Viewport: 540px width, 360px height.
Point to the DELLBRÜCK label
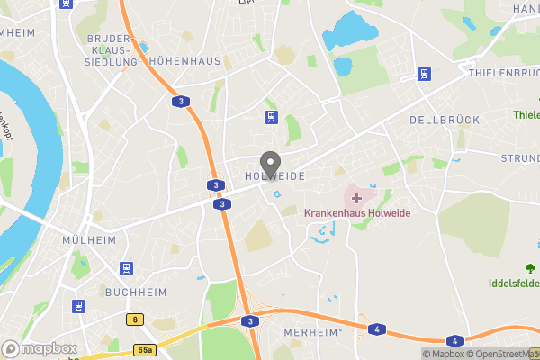(x=444, y=120)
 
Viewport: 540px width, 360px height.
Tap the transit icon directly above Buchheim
(x=128, y=268)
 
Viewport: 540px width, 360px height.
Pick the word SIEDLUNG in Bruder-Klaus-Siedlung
(x=111, y=63)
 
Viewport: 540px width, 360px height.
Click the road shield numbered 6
(x=135, y=319)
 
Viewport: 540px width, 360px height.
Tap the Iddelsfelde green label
(x=515, y=283)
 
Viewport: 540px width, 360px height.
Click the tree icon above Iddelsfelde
(x=530, y=266)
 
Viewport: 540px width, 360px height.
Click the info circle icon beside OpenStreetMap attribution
(x=428, y=353)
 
